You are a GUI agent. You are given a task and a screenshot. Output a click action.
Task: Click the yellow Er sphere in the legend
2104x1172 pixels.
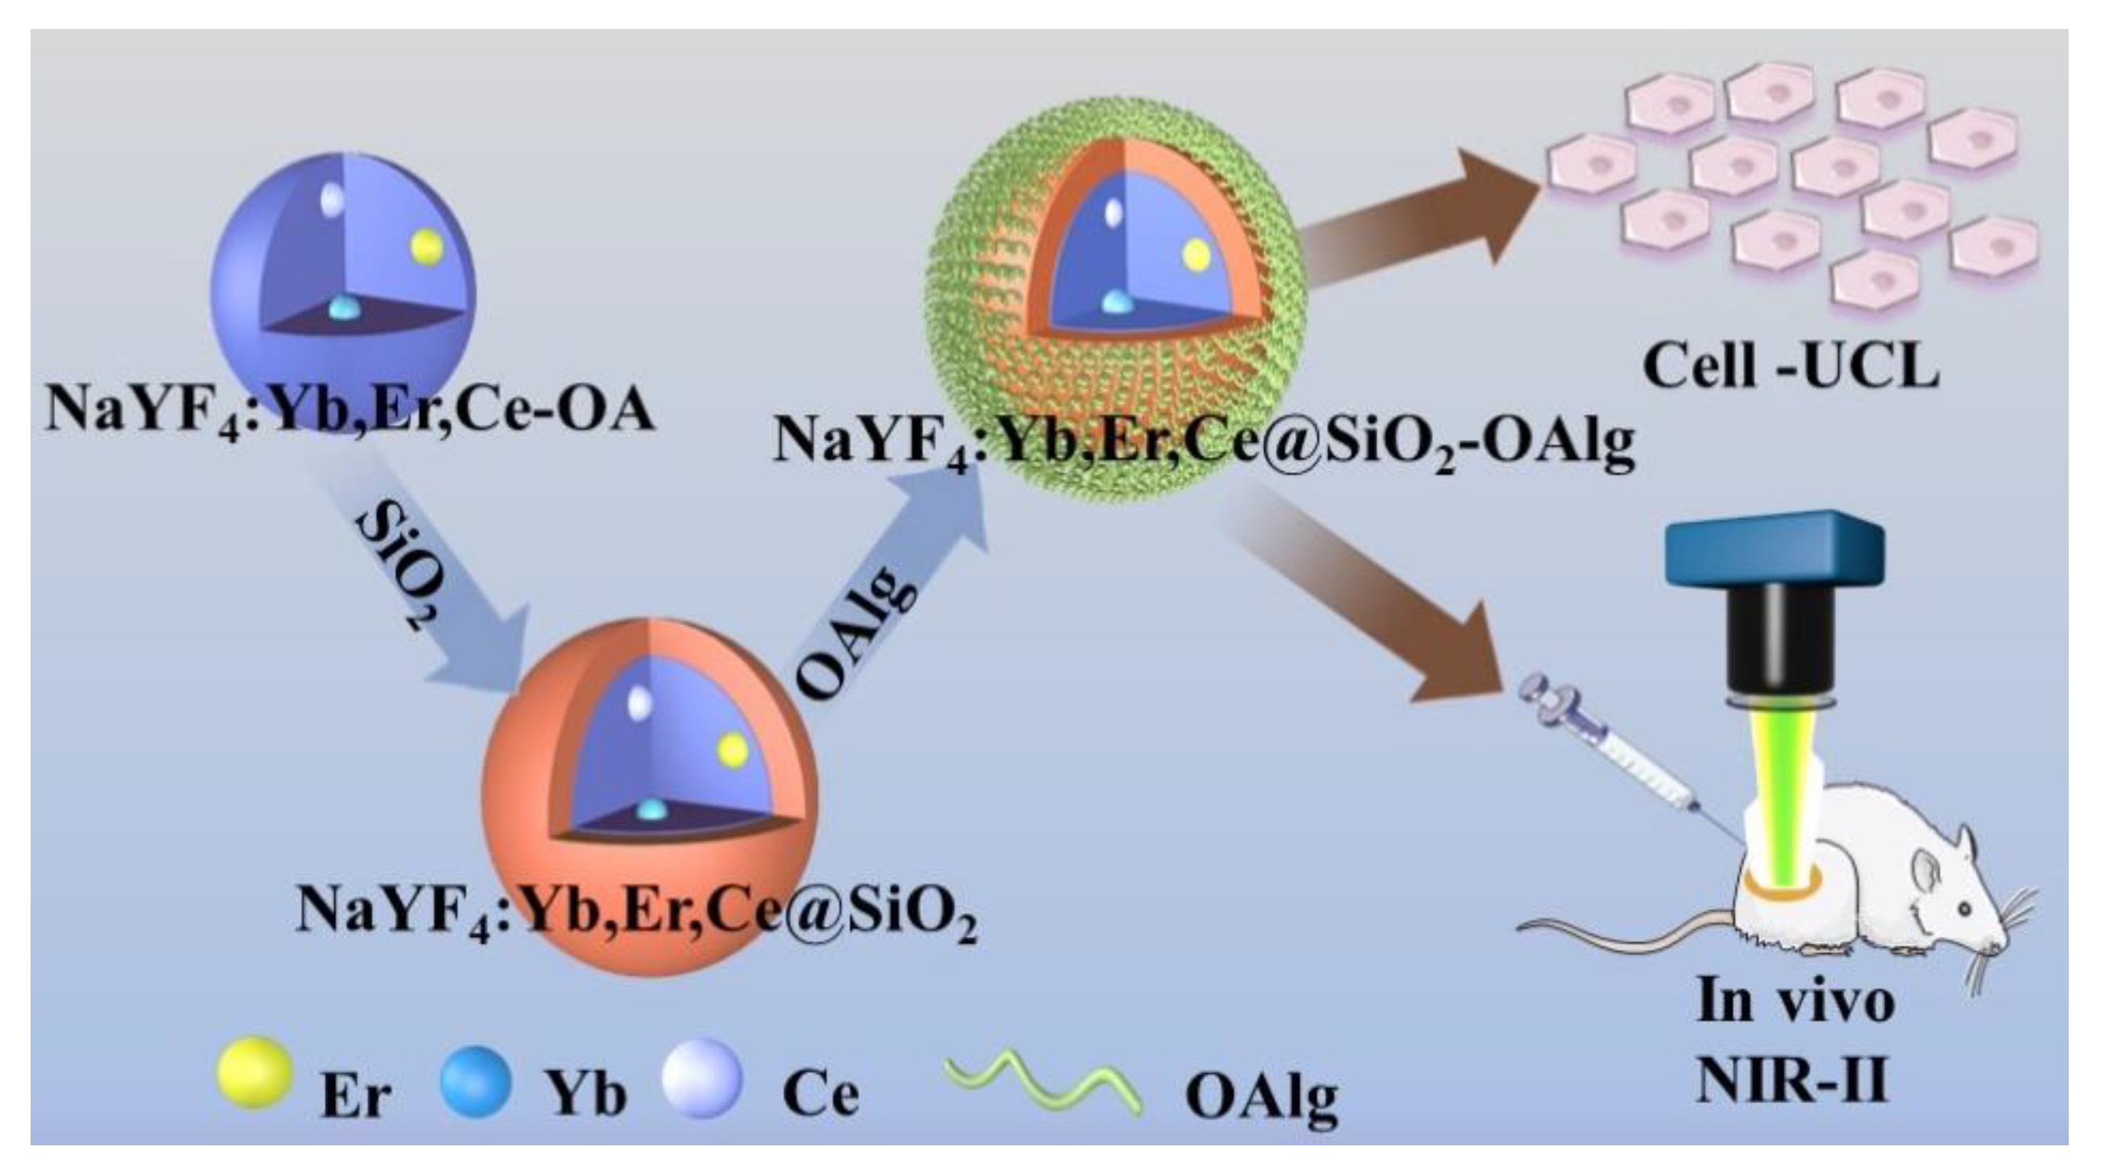point(254,1072)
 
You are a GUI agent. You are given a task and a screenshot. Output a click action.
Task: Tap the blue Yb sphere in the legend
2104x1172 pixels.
point(474,1079)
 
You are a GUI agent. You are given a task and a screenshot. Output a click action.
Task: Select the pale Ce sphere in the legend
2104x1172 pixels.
point(701,1077)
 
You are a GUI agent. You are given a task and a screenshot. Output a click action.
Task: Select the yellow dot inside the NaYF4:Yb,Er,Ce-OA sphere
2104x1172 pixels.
point(426,246)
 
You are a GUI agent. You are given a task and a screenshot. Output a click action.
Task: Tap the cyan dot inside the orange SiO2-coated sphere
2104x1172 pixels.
point(651,808)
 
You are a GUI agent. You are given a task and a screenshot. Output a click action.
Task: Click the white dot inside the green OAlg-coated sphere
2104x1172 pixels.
point(1112,212)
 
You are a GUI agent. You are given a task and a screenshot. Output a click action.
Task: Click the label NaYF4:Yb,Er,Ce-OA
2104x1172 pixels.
point(349,408)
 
